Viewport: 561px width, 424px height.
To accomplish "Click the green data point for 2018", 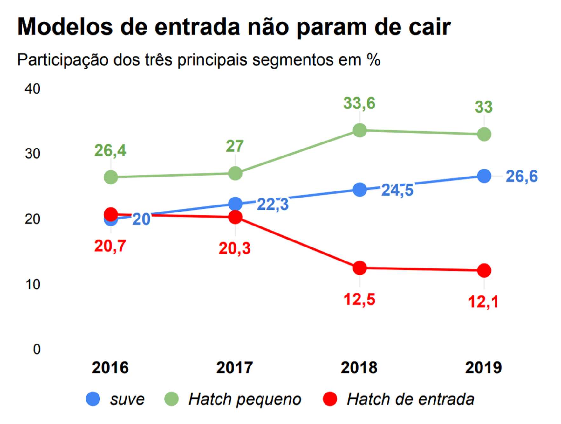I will tap(359, 130).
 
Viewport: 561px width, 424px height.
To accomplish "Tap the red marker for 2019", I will tap(484, 270).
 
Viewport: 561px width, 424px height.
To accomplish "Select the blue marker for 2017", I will tap(235, 204).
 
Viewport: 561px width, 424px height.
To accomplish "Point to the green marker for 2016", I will tap(111, 177).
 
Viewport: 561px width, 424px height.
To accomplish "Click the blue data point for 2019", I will tap(484, 176).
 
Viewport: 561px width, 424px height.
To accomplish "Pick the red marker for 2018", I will tap(359, 268).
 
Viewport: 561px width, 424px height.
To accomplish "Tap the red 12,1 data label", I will tap(483, 302).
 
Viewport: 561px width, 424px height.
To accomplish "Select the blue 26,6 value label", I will tap(522, 177).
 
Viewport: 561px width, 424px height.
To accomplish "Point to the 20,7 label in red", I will tap(110, 246).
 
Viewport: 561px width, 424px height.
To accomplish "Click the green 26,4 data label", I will tap(110, 151).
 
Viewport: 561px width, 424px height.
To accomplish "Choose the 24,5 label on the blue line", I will tap(397, 190).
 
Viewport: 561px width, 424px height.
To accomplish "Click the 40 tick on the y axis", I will tap(32, 89).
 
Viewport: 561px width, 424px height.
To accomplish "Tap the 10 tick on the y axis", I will tap(32, 284).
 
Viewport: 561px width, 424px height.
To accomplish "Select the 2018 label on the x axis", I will tap(359, 368).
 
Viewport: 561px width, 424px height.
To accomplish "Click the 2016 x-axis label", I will tap(110, 368).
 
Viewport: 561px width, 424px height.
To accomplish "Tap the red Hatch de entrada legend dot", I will tap(330, 399).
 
